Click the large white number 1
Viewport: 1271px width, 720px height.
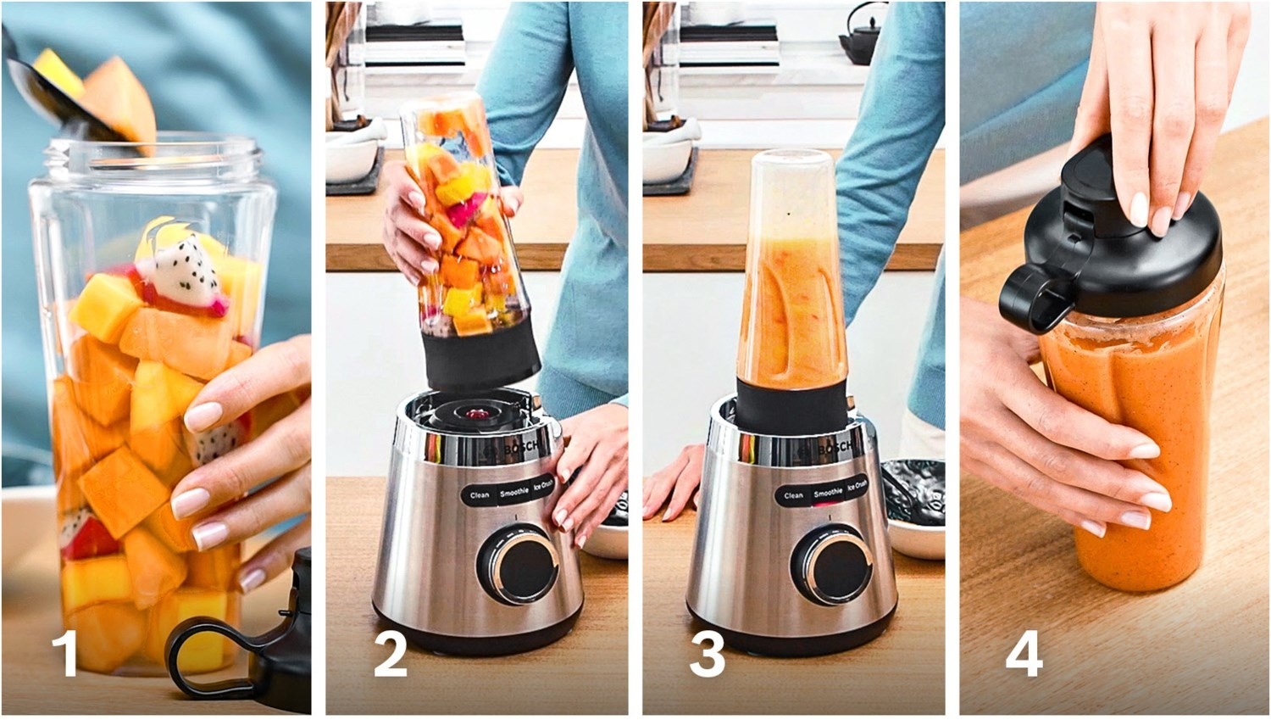click(x=66, y=654)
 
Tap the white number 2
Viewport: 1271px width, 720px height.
click(x=391, y=654)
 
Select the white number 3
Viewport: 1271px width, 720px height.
click(x=707, y=654)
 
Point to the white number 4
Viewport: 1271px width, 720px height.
click(x=1024, y=654)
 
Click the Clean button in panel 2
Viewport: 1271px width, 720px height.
click(x=480, y=495)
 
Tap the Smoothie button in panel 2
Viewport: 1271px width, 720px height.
click(x=514, y=492)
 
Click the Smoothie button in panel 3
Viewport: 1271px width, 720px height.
click(x=828, y=493)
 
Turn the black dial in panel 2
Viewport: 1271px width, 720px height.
click(x=519, y=565)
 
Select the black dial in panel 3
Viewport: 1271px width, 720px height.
click(x=833, y=565)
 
